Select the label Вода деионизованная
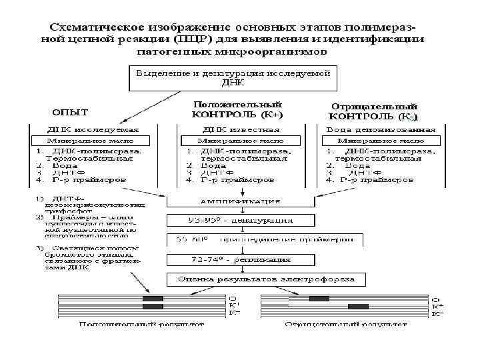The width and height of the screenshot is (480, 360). coord(380,129)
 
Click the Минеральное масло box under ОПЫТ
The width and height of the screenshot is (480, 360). coord(90,141)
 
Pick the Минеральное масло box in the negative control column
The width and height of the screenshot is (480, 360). coord(381,141)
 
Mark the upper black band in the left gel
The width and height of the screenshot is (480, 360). coord(153,298)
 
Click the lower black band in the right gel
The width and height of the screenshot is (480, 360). coord(358,307)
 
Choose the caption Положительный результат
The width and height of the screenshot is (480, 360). coord(141,325)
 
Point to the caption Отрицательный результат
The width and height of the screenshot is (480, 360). coord(346,325)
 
